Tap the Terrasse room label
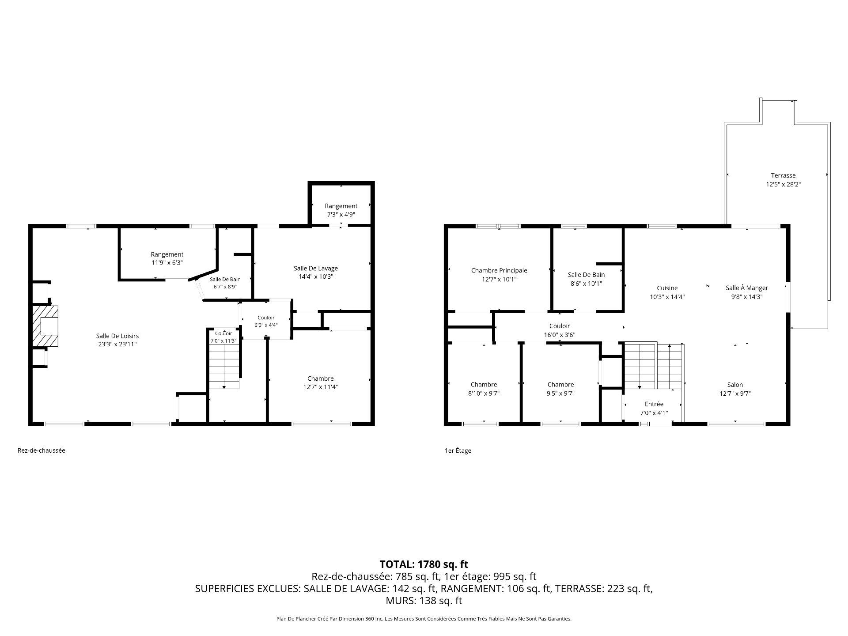pos(783,175)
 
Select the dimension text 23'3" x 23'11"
pos(117,344)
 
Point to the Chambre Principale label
pos(499,271)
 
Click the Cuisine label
pos(667,288)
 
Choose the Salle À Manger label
pos(747,288)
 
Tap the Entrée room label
pos(654,404)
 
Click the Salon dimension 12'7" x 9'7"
pos(735,394)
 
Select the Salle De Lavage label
pos(316,269)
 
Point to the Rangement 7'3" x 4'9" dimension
pos(341,214)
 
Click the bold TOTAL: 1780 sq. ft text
pos(424,564)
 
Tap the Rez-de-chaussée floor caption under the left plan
pos(42,450)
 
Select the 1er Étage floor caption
pos(458,450)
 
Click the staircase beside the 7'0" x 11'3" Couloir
pos(224,367)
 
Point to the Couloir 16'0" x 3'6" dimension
pos(560,335)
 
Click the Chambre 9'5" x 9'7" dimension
pos(560,394)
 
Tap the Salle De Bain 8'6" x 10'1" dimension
pos(587,284)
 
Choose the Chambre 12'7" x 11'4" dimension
pos(321,387)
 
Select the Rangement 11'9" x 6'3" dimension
pos(167,263)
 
